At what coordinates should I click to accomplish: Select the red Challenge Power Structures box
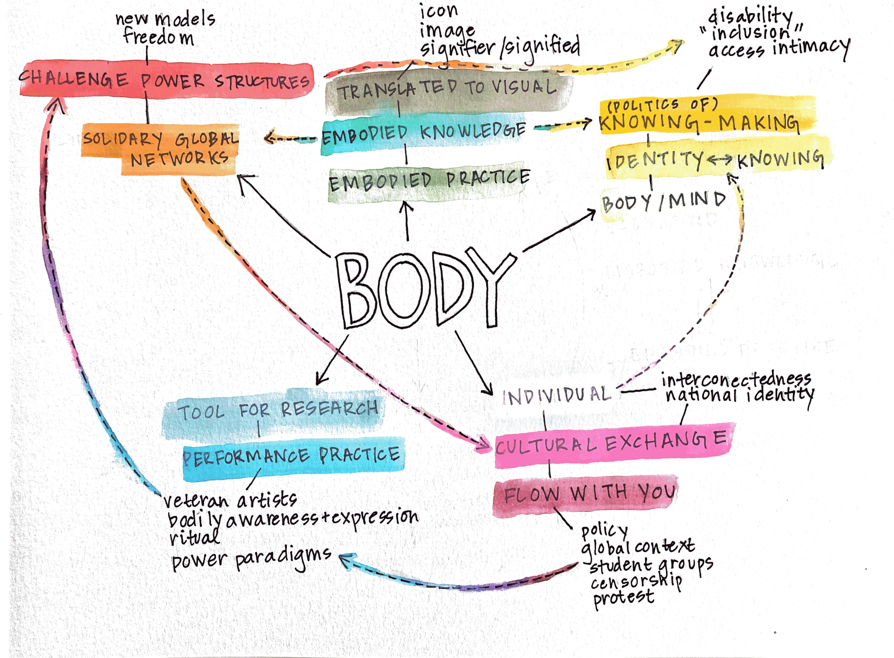(165, 80)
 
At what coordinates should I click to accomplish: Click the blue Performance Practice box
(292, 457)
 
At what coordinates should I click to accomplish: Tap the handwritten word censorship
(636, 582)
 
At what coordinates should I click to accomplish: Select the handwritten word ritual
(194, 538)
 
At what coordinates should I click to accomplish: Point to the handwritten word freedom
(158, 37)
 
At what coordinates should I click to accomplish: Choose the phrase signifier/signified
(500, 48)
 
